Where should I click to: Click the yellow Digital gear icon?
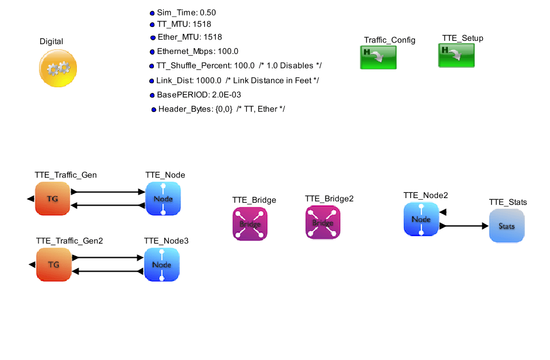pos(57,68)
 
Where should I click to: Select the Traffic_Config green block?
pos(378,57)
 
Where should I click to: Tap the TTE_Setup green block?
pos(457,55)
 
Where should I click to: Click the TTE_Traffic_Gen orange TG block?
pos(52,199)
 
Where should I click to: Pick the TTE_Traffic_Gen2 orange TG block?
pos(53,265)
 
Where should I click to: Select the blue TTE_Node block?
pos(163,199)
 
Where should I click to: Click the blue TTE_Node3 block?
pos(162,265)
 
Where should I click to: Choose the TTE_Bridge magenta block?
pos(250,223)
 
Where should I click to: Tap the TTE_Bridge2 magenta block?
pos(323,222)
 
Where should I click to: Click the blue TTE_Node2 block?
pos(421,219)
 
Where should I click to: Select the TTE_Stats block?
pos(506,226)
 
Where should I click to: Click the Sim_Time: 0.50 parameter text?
pos(187,13)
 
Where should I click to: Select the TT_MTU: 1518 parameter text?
pos(184,24)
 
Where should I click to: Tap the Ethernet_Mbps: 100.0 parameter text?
pos(197,51)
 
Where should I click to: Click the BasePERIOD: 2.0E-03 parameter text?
pos(195,95)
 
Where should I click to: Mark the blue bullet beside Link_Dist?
pos(152,81)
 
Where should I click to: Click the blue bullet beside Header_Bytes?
pos(153,109)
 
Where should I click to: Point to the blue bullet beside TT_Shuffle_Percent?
pos(152,66)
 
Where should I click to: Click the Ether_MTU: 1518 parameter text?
pos(190,37)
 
